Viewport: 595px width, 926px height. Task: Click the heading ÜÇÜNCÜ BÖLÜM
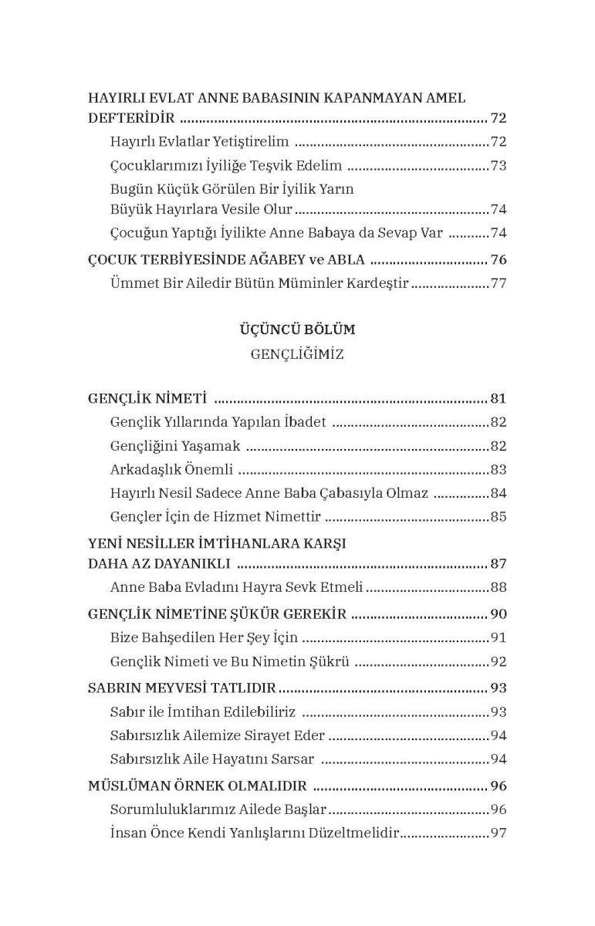tap(297, 330)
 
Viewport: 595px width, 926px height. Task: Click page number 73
tap(499, 166)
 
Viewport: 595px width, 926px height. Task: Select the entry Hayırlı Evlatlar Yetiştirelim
tap(199, 142)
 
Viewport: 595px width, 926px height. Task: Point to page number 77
tap(499, 283)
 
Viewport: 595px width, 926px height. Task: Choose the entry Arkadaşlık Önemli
tap(171, 469)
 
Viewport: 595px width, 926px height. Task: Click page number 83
tap(499, 469)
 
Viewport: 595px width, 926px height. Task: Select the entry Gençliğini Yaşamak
tap(175, 446)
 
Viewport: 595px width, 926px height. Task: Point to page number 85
tap(499, 516)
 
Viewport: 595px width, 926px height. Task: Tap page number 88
tap(499, 587)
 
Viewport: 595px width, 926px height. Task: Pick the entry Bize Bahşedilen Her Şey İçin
tap(204, 638)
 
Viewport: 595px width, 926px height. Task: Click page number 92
tap(499, 661)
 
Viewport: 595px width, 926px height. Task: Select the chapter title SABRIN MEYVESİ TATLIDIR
tap(182, 688)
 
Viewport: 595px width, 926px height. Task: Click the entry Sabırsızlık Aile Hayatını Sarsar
tap(211, 759)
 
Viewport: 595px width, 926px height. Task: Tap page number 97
tap(499, 833)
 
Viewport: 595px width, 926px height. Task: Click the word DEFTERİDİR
tap(131, 119)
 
